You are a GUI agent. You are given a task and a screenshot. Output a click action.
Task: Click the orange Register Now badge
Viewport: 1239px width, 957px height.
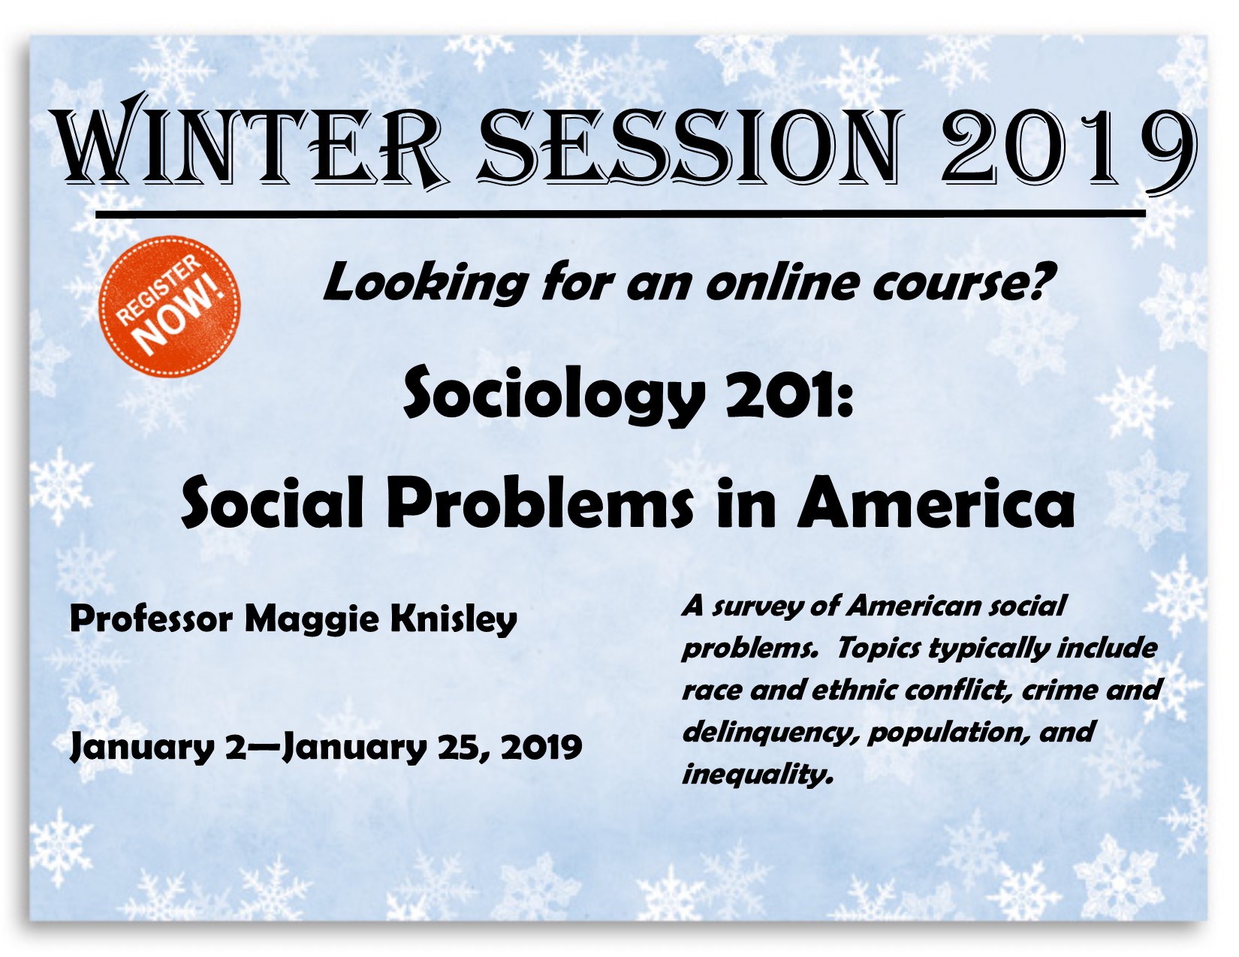tap(170, 306)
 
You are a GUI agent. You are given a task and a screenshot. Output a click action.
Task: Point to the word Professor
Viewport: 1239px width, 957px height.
tap(151, 619)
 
